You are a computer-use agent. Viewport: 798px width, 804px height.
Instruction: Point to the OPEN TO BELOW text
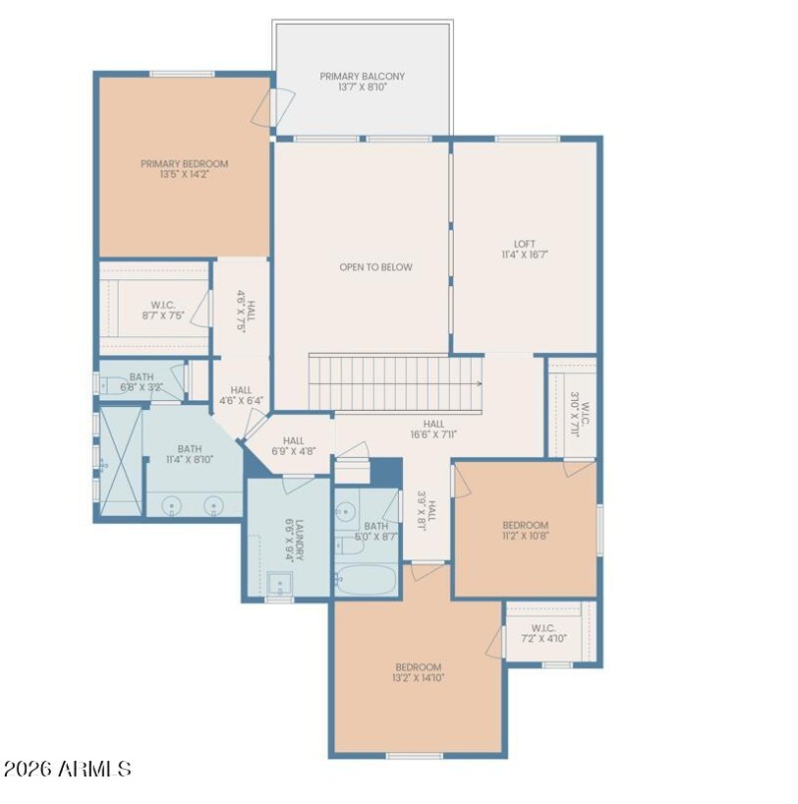coord(375,267)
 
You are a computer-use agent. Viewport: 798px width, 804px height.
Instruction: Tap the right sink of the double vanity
coord(212,505)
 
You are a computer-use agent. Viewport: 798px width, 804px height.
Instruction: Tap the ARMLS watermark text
coord(67,769)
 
